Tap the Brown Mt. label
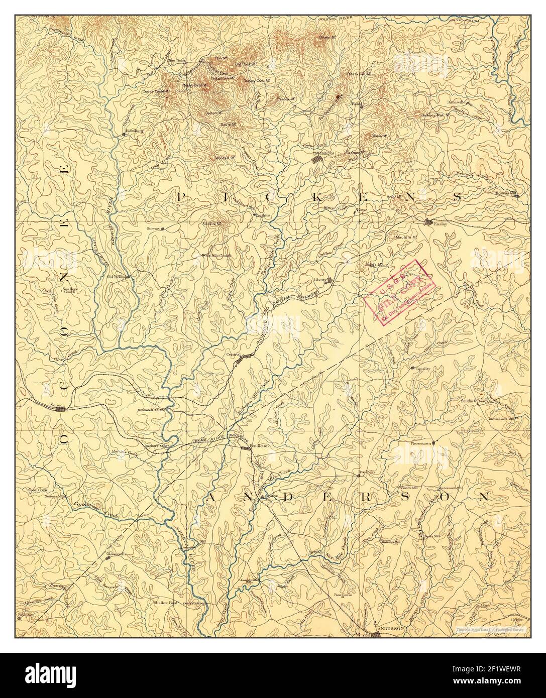(x=327, y=38)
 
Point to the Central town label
(x=233, y=355)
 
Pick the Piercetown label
(x=421, y=444)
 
